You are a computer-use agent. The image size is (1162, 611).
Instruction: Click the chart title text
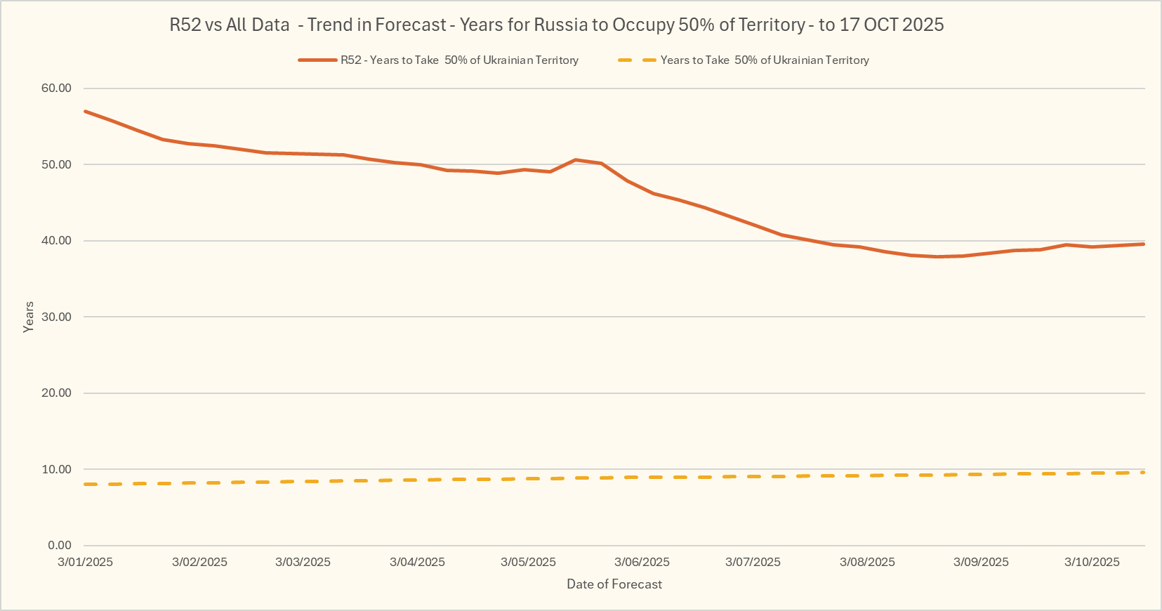click(x=556, y=25)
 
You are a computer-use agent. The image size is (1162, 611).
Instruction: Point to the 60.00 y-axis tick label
click(x=56, y=88)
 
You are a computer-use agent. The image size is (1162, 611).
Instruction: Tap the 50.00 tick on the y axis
click(x=56, y=164)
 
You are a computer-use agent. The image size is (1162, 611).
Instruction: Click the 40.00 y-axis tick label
click(x=56, y=240)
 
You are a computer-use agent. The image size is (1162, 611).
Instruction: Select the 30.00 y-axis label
click(x=56, y=317)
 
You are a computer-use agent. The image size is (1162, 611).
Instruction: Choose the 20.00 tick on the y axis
click(x=56, y=393)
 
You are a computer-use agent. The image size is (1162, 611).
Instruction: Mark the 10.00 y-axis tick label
click(x=56, y=469)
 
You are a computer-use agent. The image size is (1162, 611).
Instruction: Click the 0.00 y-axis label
click(x=60, y=545)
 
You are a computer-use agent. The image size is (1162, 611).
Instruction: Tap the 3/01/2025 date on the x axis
click(x=85, y=562)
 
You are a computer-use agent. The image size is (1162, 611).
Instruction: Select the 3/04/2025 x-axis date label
click(x=417, y=562)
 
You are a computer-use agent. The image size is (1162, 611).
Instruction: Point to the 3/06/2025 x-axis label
click(x=642, y=562)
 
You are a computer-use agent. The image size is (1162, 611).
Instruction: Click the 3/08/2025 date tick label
click(x=867, y=562)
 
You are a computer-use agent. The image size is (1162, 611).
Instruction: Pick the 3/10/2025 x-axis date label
click(x=1092, y=562)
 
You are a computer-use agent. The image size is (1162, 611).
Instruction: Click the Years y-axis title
click(x=29, y=317)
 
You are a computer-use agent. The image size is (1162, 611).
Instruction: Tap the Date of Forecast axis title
click(x=614, y=584)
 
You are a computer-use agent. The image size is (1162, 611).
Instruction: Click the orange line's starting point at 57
click(x=85, y=111)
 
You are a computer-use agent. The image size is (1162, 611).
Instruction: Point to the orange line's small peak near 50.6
click(x=576, y=160)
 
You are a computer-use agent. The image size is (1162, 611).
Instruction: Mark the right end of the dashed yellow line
click(x=1143, y=473)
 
